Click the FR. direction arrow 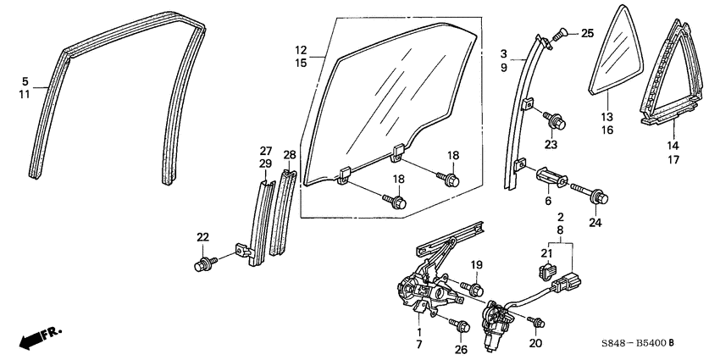38,338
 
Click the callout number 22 202,236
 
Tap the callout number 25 587,33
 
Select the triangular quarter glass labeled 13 617,61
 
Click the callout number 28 290,156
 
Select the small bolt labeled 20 534,320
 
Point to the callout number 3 503,54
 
